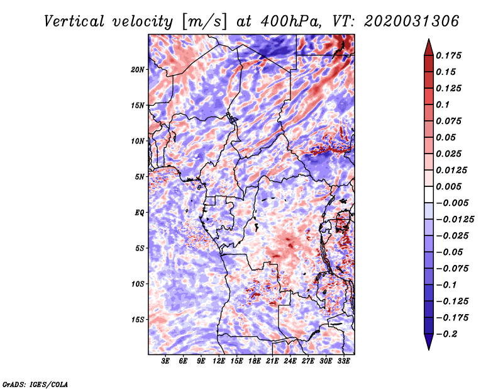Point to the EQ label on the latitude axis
tap(140, 212)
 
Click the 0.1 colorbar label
tap(443, 104)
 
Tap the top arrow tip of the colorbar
tap(428, 40)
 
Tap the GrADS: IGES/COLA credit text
tap(35, 383)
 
